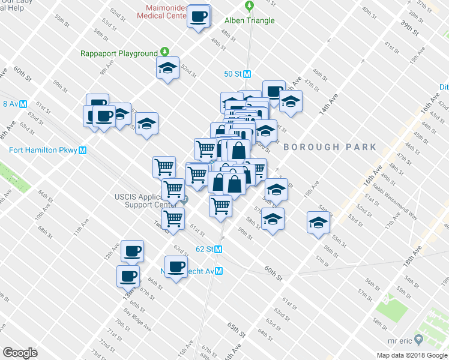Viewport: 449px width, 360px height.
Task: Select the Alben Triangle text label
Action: [x=249, y=20]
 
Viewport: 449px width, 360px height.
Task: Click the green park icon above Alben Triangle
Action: [x=249, y=6]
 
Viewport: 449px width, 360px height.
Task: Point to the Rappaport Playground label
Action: [x=119, y=53]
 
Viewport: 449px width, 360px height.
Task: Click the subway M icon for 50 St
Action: [x=247, y=74]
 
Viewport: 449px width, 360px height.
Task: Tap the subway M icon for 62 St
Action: [x=218, y=248]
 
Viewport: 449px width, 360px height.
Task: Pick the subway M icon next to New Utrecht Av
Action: [x=219, y=271]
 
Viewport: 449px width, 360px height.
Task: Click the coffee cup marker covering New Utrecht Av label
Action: [x=176, y=266]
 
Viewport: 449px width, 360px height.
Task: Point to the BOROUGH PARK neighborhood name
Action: [x=330, y=147]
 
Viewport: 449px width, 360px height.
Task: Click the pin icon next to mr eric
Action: [x=419, y=340]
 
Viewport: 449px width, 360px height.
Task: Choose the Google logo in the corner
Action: [x=20, y=353]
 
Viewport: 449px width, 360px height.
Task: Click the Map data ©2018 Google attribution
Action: [x=412, y=355]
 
